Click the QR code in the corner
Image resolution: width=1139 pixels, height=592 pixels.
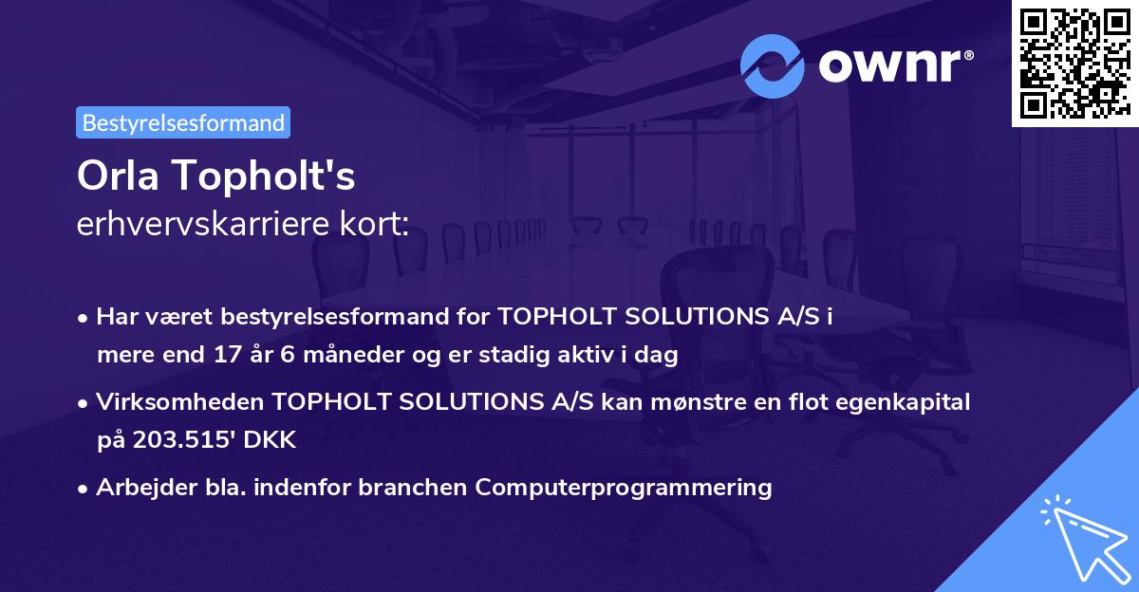1074,63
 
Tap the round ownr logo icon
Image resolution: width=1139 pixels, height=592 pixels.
773,65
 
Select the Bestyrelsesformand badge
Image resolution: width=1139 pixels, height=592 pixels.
183,122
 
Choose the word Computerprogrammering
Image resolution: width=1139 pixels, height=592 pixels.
624,487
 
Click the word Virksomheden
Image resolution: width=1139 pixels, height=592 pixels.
180,402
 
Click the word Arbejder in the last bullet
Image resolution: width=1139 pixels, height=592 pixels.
140,487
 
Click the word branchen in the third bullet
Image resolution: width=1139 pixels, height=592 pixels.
422,487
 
